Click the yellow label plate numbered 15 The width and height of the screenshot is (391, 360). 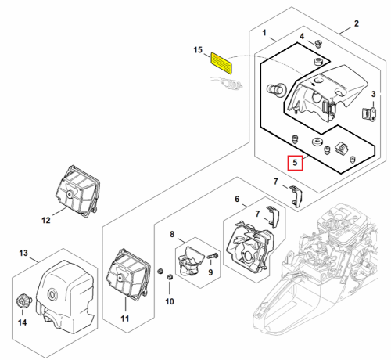(221, 63)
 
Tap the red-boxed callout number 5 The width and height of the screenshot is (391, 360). (295, 163)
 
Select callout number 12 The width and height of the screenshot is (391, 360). (46, 221)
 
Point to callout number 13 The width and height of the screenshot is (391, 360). (23, 253)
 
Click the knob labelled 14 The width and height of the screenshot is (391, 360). (23, 301)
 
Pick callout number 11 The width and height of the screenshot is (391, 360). (125, 319)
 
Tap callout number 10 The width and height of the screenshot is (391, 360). (170, 301)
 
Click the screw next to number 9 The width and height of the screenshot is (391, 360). (213, 256)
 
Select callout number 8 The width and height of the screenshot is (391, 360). (172, 234)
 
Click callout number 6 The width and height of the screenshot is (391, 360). (237, 199)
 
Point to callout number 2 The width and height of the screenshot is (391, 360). (357, 23)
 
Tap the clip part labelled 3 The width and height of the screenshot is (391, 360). (369, 114)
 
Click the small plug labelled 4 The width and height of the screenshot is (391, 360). (317, 43)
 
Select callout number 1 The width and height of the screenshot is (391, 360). (264, 33)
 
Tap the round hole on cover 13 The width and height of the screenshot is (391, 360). (53, 293)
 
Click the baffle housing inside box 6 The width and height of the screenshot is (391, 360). (249, 247)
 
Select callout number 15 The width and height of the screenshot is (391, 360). (198, 50)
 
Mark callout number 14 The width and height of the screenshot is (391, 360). (22, 322)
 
